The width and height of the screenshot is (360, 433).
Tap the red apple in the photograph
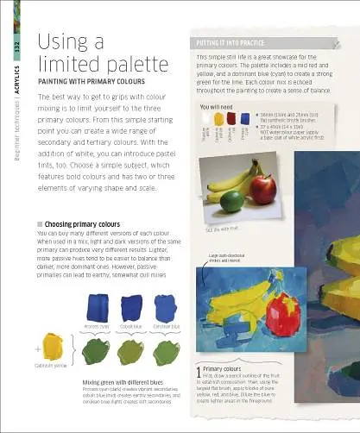[265, 187]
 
